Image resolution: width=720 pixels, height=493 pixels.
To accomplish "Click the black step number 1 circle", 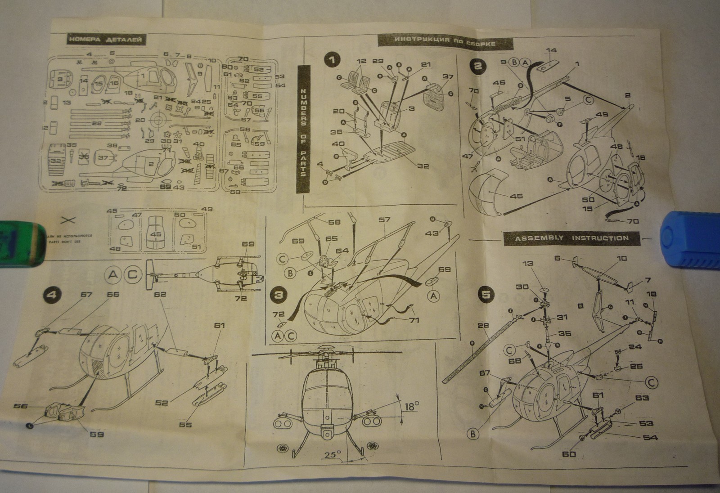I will coord(333,60).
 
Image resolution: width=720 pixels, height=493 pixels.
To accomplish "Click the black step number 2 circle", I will coord(478,66).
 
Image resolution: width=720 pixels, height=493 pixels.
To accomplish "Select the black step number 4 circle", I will coord(51,295).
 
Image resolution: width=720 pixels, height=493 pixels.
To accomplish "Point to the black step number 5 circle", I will coord(486,295).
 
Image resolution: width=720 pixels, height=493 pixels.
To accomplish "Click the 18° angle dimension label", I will coord(411,406).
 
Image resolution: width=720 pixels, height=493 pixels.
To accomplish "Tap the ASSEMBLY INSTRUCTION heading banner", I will coord(571,238).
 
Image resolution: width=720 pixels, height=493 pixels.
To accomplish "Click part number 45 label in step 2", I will coord(516,196).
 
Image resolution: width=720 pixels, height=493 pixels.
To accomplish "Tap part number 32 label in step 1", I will coord(423,166).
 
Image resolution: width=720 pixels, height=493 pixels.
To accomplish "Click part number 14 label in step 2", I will coord(551,50).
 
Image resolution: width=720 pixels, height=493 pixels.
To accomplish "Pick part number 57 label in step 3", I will coord(384,220).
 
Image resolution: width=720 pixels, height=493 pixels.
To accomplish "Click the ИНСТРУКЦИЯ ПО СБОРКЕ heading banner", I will coord(445,41).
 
